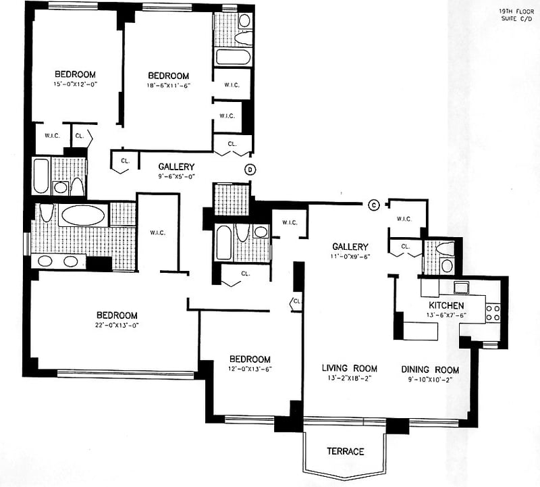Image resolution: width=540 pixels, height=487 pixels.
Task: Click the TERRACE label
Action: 346,451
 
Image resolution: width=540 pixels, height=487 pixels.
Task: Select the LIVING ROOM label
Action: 349,368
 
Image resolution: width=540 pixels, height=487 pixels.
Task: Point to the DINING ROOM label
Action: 430,369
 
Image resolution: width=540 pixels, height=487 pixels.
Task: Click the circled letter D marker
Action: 250,169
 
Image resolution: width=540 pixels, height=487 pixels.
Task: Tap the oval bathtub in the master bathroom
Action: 82,215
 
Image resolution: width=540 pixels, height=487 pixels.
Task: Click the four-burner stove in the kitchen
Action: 492,311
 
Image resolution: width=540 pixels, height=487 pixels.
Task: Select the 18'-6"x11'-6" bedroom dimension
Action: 168,86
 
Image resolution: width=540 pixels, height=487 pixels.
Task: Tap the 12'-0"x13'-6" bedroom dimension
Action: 249,369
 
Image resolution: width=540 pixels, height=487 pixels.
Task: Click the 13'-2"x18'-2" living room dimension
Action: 349,378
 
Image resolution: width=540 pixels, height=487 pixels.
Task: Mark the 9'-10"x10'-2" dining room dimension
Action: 430,380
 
